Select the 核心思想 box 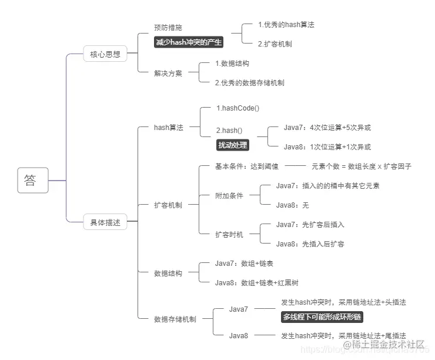(x=105, y=54)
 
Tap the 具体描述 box (x=105, y=222)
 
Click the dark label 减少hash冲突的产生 (x=189, y=42)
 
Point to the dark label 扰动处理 (x=233, y=145)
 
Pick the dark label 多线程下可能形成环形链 (x=322, y=317)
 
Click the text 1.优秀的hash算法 (x=286, y=25)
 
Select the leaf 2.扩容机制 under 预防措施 (x=275, y=44)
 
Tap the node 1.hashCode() (x=237, y=108)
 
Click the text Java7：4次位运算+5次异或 (x=327, y=127)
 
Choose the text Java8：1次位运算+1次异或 (x=327, y=147)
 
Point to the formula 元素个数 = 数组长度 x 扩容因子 (x=362, y=166)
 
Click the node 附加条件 (x=229, y=196)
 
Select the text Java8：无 (x=292, y=205)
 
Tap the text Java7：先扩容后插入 (x=310, y=224)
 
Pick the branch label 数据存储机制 (x=175, y=319)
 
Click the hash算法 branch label (x=169, y=127)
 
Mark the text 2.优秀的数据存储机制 (x=250, y=83)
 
